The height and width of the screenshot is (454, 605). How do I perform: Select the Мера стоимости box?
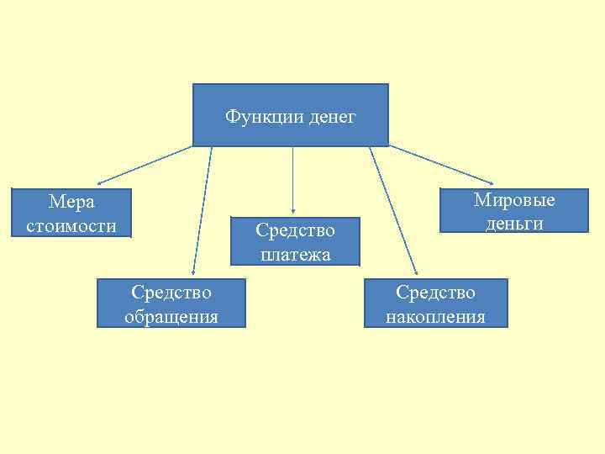pyautogui.click(x=72, y=214)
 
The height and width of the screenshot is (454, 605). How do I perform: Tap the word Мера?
pyautogui.click(x=72, y=202)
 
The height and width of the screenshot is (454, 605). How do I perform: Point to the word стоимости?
pyautogui.click(x=72, y=224)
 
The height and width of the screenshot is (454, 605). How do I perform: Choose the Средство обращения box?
pyautogui.click(x=171, y=304)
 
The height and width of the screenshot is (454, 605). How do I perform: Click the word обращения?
pyautogui.click(x=171, y=316)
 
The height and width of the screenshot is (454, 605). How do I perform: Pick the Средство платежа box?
pyautogui.click(x=295, y=241)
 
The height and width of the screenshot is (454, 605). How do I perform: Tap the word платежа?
pyautogui.click(x=295, y=254)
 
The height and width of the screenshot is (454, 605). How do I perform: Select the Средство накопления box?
pyautogui.click(x=436, y=304)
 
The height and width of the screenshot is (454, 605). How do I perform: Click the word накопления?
pyautogui.click(x=436, y=316)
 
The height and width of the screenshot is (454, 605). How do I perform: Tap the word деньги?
pyautogui.click(x=514, y=223)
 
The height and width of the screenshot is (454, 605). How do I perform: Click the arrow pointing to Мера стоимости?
pyautogui.click(x=143, y=165)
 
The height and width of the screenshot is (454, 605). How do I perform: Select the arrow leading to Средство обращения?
pyautogui.click(x=202, y=210)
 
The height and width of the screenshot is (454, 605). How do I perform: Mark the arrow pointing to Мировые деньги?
pyautogui.click(x=441, y=164)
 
